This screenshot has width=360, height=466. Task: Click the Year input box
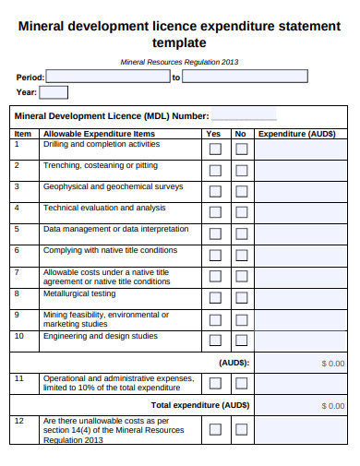(54, 92)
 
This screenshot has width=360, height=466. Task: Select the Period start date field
(107, 77)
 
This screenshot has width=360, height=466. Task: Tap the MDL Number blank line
(244, 116)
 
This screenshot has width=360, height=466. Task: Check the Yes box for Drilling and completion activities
(215, 149)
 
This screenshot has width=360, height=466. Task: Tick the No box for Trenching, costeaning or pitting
(241, 171)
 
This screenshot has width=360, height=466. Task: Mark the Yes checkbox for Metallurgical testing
(215, 298)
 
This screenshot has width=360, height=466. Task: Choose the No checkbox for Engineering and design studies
(241, 341)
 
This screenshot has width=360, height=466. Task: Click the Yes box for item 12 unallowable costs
(215, 429)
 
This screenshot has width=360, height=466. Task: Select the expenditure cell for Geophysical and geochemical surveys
(301, 191)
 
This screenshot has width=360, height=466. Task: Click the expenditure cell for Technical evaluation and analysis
(301, 212)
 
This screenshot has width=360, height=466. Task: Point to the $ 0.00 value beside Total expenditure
(332, 405)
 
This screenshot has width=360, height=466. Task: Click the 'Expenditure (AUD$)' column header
(296, 134)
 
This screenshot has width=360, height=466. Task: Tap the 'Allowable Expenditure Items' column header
(99, 134)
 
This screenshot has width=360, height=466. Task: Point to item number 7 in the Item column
(17, 272)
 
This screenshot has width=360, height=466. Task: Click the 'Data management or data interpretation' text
(115, 229)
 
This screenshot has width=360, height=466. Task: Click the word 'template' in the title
(179, 42)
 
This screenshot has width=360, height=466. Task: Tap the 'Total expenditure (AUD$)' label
(200, 405)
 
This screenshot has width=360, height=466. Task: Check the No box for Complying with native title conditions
(241, 256)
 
